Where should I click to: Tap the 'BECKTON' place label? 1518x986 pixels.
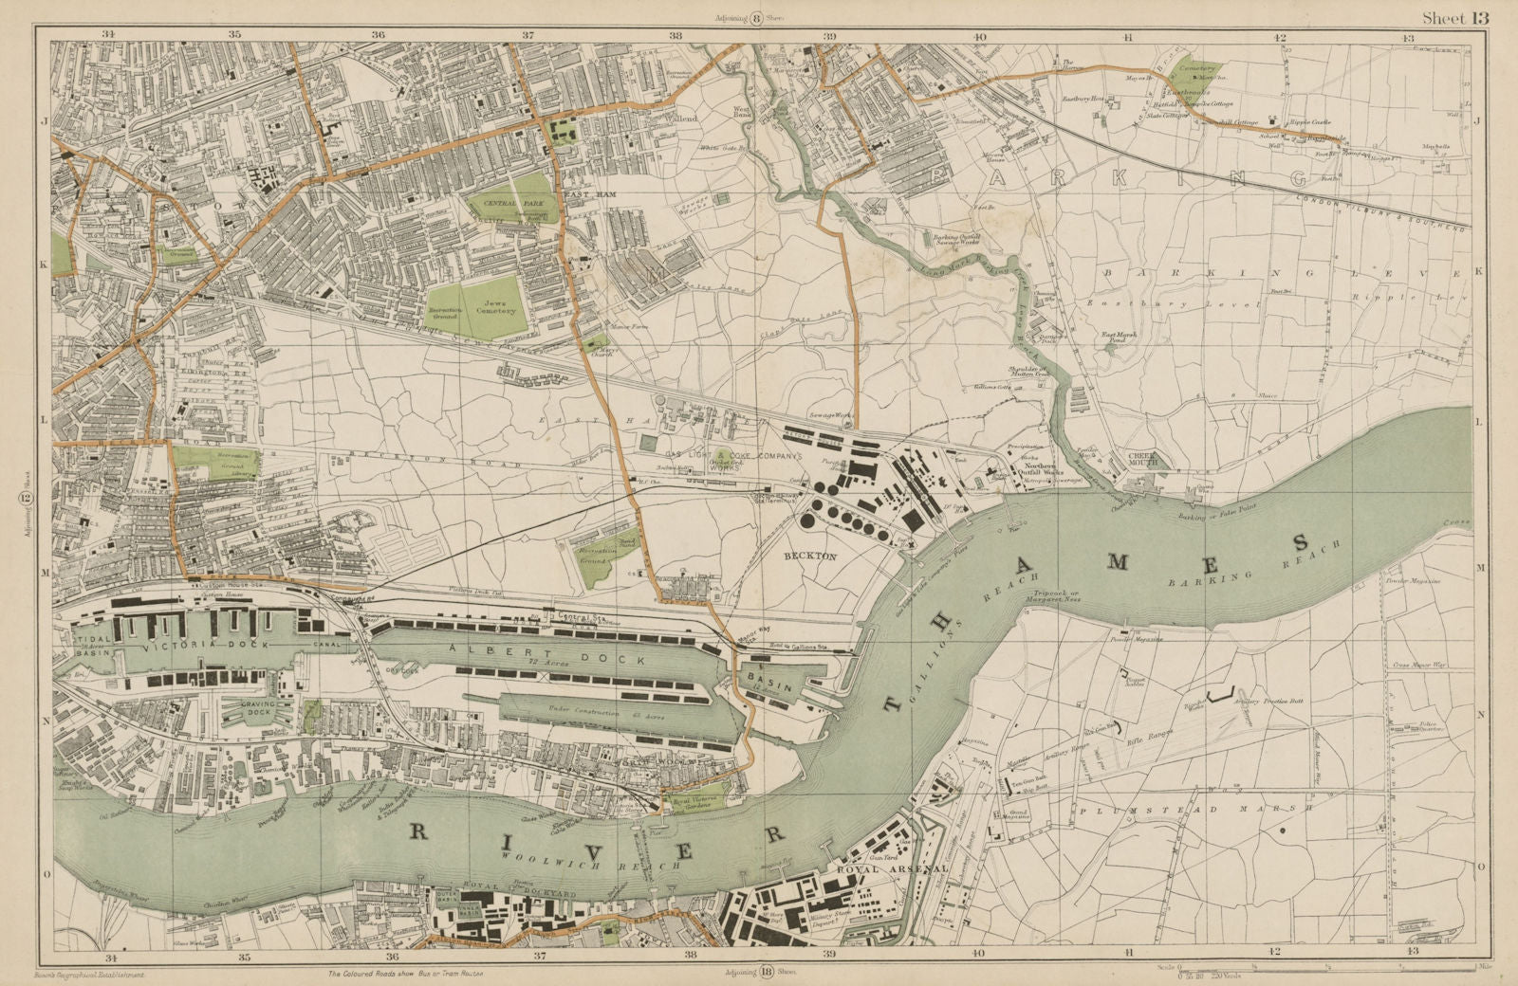[x=807, y=557]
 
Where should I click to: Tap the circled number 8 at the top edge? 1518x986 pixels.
[x=757, y=17]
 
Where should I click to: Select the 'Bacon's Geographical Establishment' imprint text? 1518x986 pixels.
[x=96, y=974]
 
